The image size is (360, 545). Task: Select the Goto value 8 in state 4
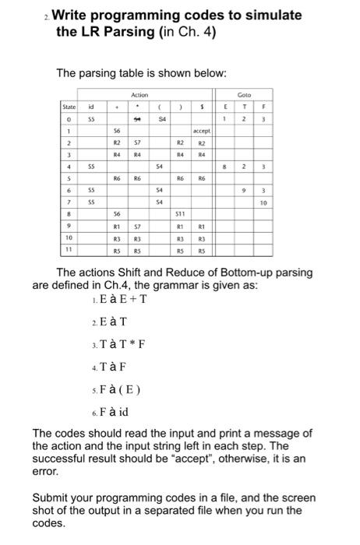pyautogui.click(x=226, y=166)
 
